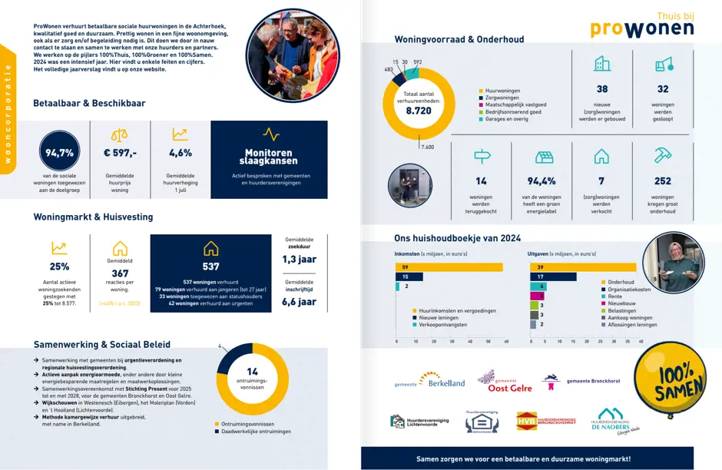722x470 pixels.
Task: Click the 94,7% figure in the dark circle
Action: [59, 153]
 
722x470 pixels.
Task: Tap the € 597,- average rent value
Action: [120, 153]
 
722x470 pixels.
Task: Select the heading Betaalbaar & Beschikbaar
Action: [89, 103]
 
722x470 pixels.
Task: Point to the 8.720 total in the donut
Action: [419, 111]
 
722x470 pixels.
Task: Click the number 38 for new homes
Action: [602, 89]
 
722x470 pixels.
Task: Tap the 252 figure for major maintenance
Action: [662, 181]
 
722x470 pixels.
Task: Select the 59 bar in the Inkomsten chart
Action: [449, 266]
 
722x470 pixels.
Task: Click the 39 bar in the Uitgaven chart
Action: [583, 266]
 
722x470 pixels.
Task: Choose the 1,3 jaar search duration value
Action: [299, 260]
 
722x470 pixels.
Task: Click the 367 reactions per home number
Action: [120, 273]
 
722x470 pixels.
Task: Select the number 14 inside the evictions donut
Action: [252, 371]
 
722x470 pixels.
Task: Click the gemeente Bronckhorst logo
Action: [585, 381]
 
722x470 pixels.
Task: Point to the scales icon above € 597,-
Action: [120, 134]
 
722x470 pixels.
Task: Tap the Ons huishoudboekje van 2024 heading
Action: [457, 238]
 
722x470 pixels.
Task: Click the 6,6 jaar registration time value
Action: [299, 302]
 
